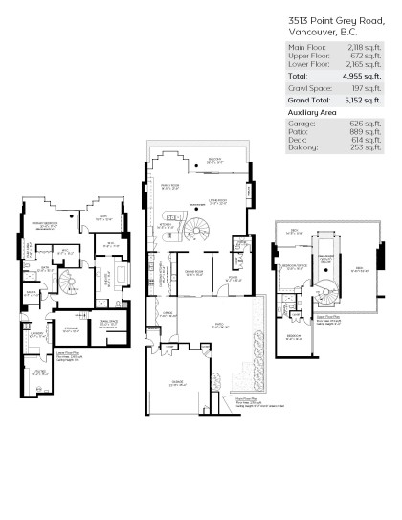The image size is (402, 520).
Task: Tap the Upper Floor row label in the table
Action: pos(306,55)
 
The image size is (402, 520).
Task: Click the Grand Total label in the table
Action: pos(309,99)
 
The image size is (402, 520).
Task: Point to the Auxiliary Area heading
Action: pos(315,112)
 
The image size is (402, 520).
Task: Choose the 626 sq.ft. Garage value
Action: pos(368,122)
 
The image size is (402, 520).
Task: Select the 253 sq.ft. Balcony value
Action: pos(368,147)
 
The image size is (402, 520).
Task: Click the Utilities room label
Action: pos(41,372)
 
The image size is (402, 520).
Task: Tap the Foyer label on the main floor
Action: pos(231,280)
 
